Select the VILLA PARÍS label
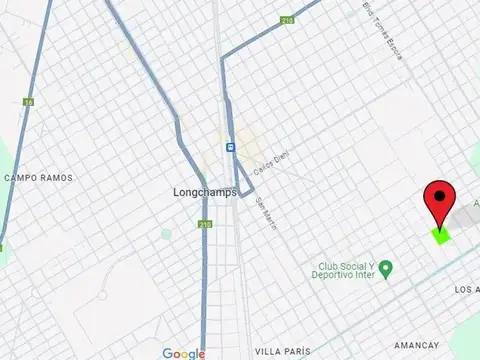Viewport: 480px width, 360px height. coord(281,352)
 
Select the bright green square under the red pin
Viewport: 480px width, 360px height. coord(440,236)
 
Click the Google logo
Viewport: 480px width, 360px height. coord(183,353)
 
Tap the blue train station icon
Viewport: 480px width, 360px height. coord(231,146)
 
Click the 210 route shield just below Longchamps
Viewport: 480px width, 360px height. coord(204,225)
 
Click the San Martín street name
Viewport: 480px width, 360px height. coord(266,213)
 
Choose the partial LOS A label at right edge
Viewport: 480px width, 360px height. coord(466,290)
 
